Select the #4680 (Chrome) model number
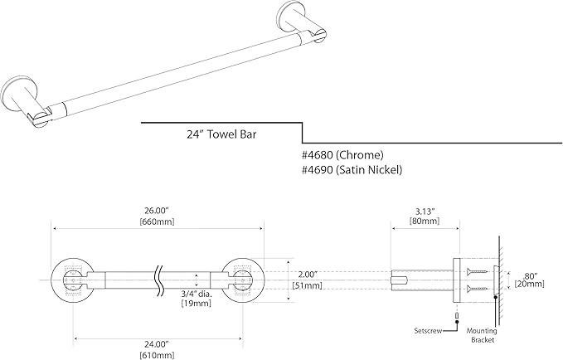coord(342,154)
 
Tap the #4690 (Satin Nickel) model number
coord(352,170)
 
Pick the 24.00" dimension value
coord(158,343)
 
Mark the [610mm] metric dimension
coord(158,355)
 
